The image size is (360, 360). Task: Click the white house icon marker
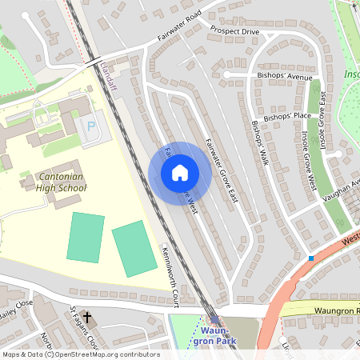(180, 173)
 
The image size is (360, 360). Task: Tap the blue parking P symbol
(90, 126)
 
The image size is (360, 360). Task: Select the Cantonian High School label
(61, 182)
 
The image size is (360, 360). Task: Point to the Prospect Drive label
(235, 31)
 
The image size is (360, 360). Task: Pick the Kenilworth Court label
(169, 271)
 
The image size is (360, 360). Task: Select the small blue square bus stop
(310, 258)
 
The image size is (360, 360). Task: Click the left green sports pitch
(85, 237)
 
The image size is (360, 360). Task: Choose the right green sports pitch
(134, 250)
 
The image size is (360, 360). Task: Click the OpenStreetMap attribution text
(80, 354)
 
